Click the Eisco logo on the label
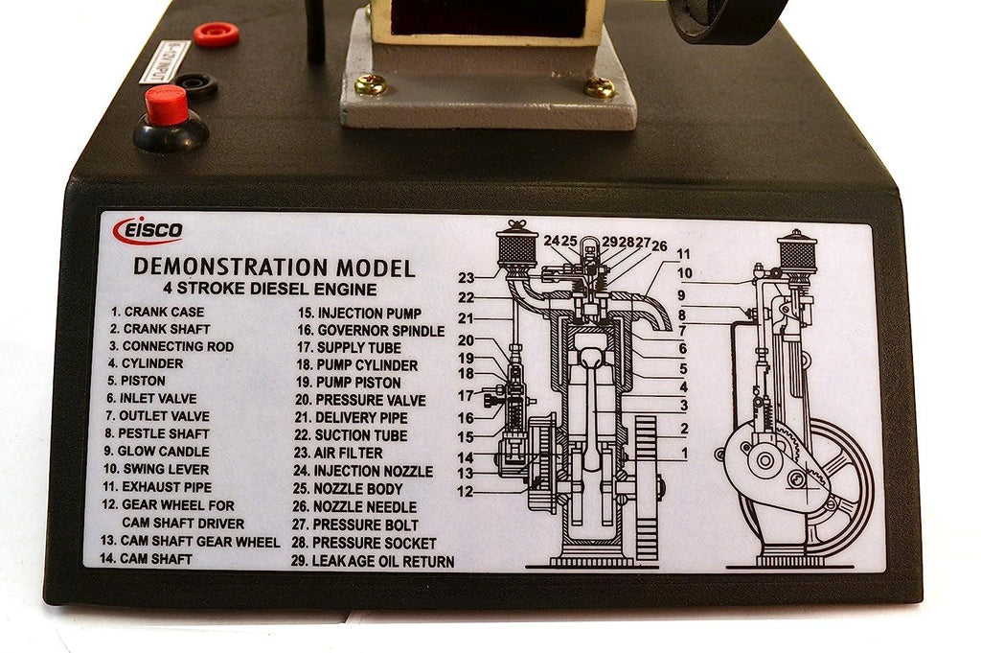148,231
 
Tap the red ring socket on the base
216,35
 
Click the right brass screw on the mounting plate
600,87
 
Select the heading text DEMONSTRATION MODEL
274,267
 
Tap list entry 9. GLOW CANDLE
158,451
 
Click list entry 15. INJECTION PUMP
359,313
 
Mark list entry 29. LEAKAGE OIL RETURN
374,561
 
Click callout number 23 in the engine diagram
467,278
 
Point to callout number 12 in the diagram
466,491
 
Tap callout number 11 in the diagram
683,254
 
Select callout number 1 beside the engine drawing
683,452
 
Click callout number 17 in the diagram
466,395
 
